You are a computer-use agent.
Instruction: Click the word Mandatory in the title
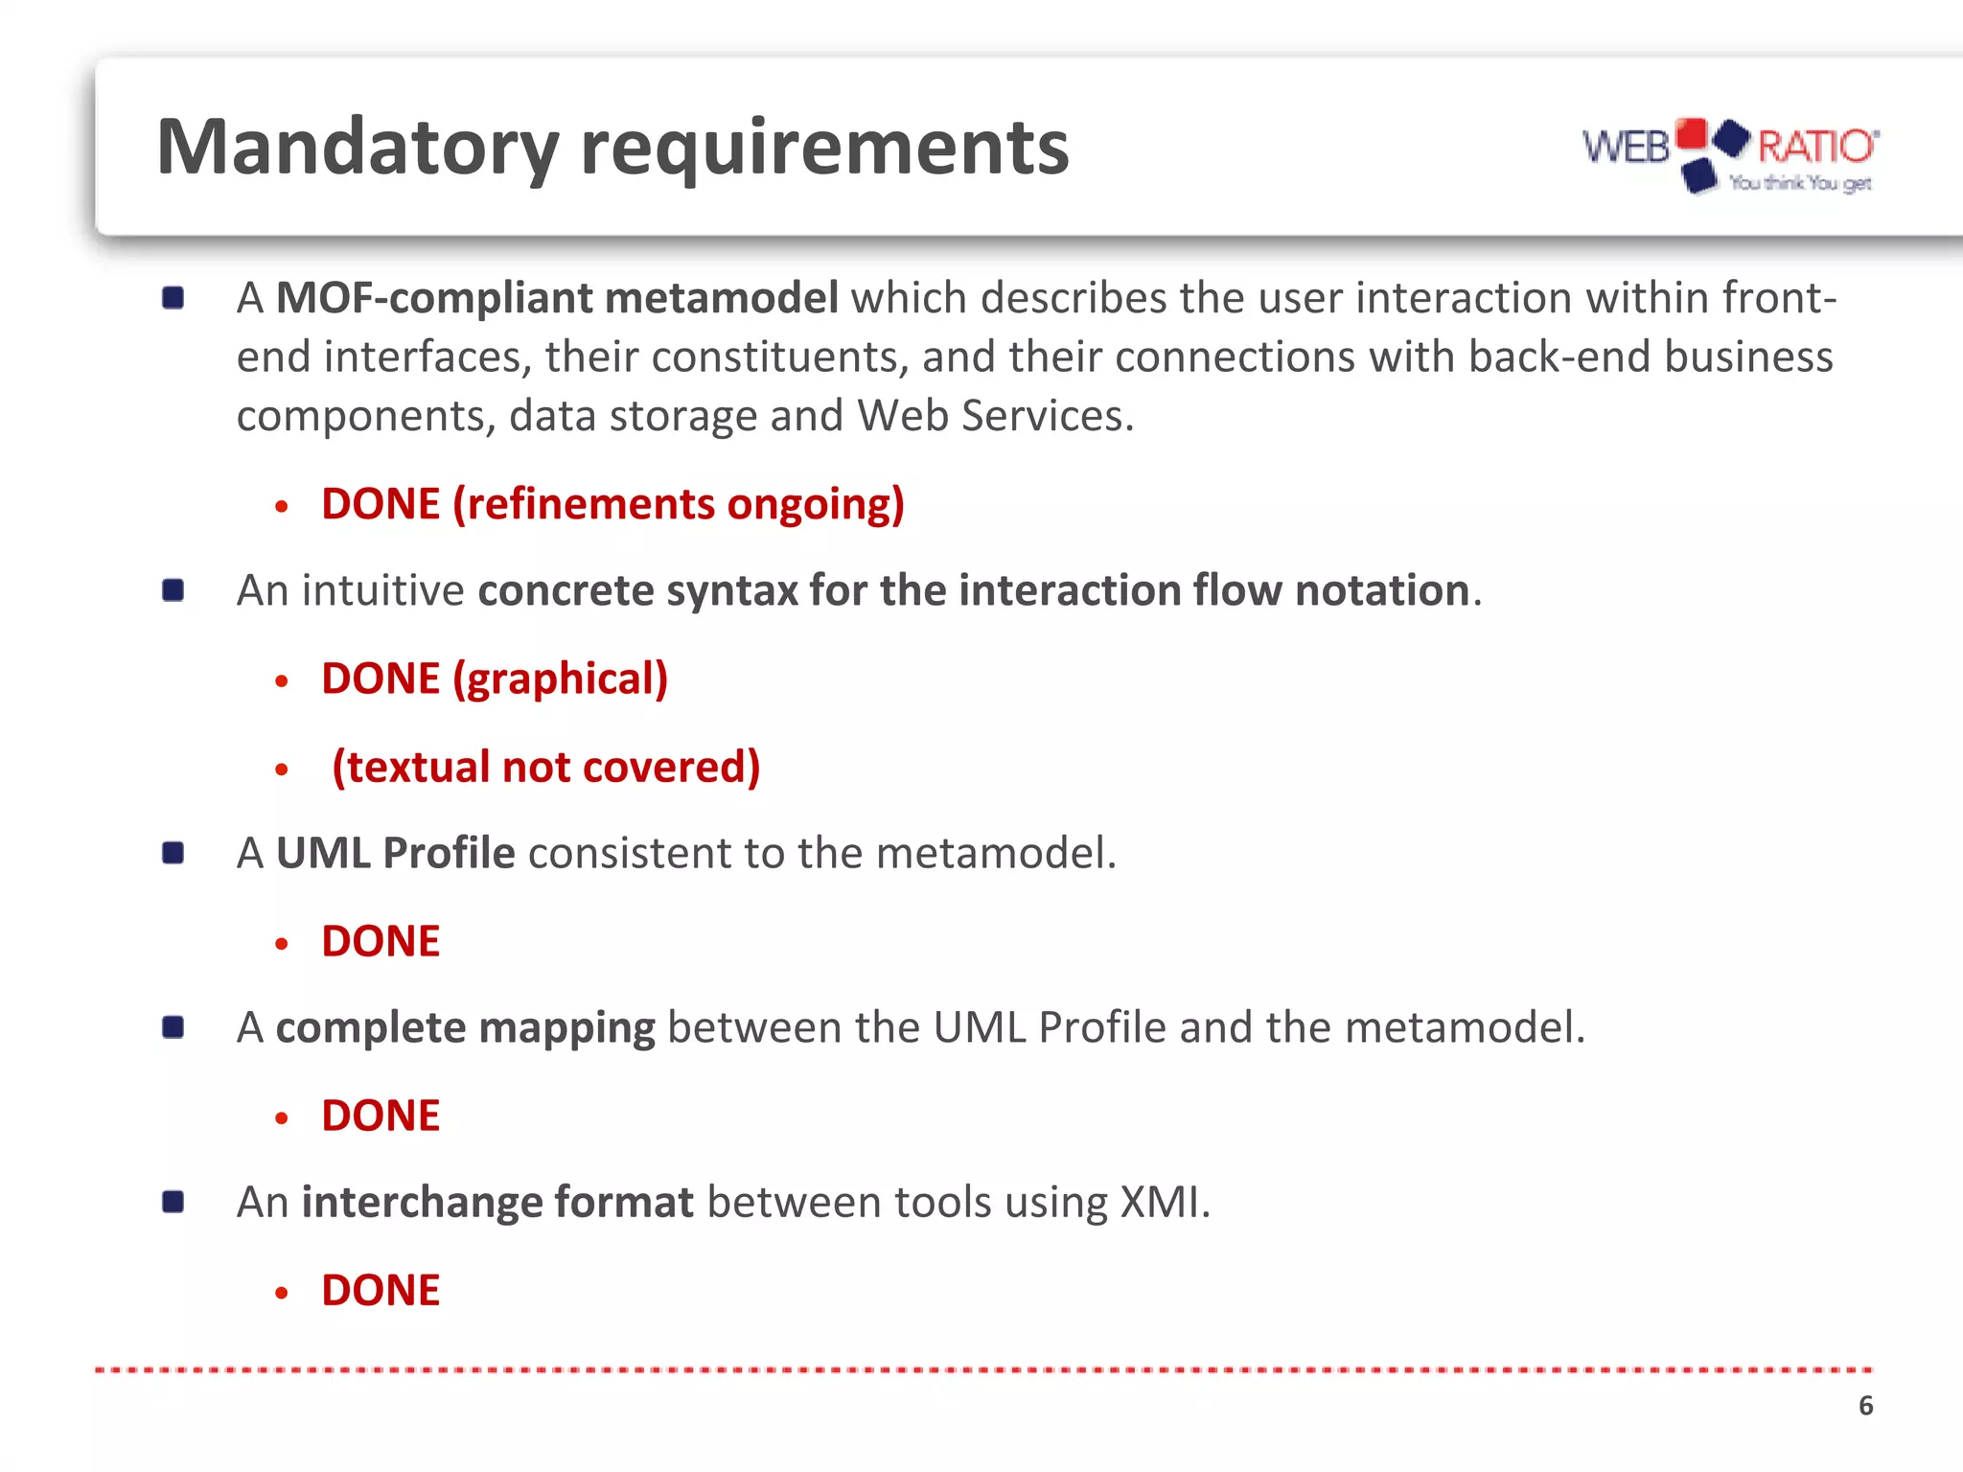pos(357,148)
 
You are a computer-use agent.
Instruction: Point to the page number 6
pos(1865,1406)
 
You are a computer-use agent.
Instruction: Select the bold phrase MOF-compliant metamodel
pos(557,298)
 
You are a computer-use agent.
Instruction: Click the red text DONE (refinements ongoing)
pos(612,504)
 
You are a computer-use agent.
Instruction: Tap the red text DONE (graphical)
pos(495,678)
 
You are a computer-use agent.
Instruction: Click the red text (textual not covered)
pos(545,767)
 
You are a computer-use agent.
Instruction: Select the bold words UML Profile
pos(395,853)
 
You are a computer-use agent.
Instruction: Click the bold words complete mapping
pos(465,1027)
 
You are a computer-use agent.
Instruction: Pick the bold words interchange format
pos(497,1202)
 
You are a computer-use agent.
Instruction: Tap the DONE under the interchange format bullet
pos(381,1290)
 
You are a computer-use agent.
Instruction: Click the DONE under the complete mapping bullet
pos(381,1115)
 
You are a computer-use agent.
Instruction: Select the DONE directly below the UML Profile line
pos(381,941)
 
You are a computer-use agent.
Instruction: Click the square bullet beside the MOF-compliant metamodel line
pos(173,298)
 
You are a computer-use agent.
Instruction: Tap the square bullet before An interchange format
pos(173,1202)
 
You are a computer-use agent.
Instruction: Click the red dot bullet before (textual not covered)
pos(281,770)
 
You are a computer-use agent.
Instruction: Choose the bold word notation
pos(1382,590)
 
